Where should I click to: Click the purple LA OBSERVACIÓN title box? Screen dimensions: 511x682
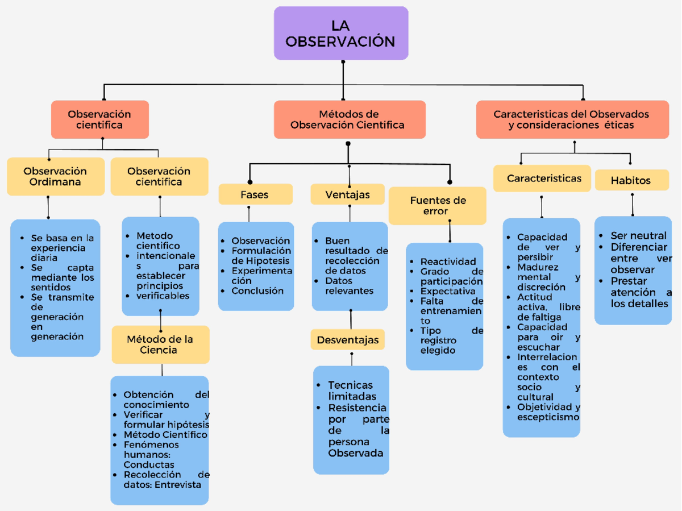coord(341,34)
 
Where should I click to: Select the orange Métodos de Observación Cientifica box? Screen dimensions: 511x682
coord(349,120)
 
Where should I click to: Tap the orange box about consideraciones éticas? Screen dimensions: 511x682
coord(572,120)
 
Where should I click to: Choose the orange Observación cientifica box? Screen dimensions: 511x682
coord(100,120)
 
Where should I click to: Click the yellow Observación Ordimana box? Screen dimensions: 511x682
coord(56,177)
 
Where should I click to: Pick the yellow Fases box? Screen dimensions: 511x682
coord(255,194)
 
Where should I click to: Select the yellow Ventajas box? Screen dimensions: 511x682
coord(348,194)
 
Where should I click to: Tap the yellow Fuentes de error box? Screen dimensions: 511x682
coord(437,206)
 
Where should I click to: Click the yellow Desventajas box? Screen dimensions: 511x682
coord(348,340)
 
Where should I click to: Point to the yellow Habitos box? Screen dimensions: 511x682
coord(631,181)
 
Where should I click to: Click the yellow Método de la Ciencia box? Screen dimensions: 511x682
coord(160,344)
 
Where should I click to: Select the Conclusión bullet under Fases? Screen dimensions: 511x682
coord(257,291)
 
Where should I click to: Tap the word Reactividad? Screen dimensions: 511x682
coord(448,261)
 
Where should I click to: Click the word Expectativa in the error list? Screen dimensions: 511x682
coord(448,291)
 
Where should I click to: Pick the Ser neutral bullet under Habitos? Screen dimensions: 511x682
coord(638,235)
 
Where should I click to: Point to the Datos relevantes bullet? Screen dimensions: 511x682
coord(349,286)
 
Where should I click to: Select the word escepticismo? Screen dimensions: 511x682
coord(548,417)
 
